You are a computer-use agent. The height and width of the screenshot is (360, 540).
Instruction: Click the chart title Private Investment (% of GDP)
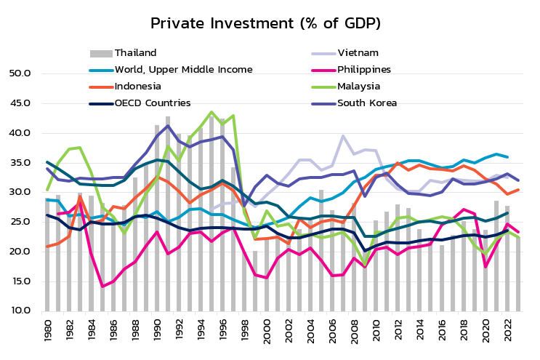(x=270, y=23)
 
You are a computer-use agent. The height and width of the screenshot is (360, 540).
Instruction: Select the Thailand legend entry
(x=135, y=52)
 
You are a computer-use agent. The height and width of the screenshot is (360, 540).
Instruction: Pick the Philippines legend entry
(x=363, y=69)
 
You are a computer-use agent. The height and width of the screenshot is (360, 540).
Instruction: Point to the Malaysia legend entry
(x=358, y=86)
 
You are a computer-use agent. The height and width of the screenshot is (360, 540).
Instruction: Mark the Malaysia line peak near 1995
(x=211, y=112)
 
